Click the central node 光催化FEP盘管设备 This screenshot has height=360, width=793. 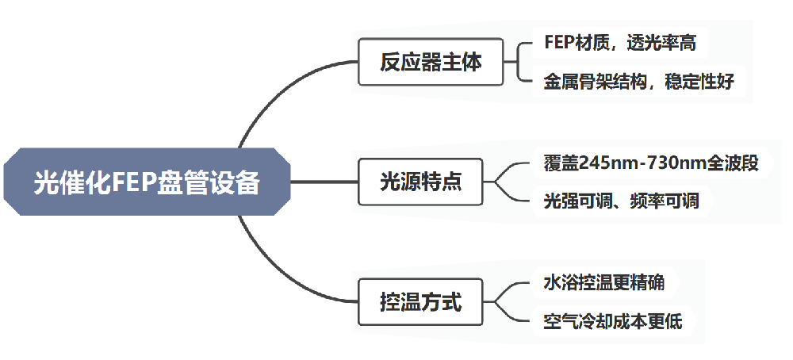(x=147, y=182)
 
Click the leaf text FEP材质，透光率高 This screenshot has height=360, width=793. (x=620, y=42)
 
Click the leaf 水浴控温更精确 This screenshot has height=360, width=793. (x=604, y=283)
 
